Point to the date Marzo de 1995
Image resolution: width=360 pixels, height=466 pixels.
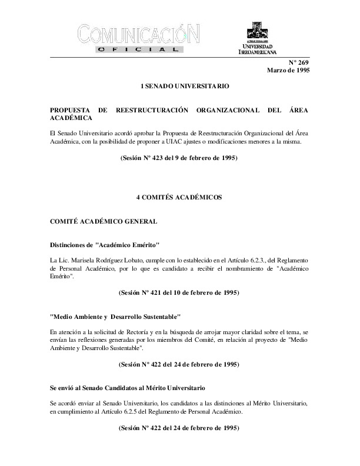pos(288,71)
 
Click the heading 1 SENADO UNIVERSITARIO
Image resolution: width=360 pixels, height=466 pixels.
pos(180,86)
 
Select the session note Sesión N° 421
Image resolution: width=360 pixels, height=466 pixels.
pos(179,292)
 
